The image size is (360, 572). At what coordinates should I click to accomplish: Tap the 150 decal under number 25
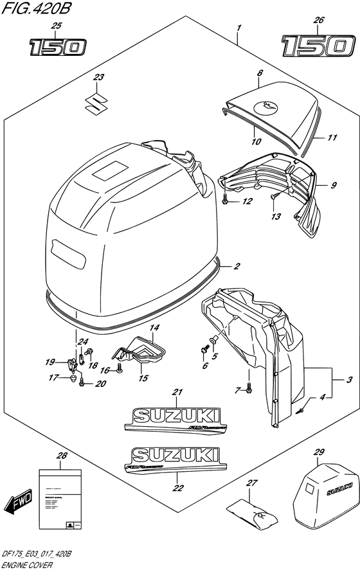[57, 47]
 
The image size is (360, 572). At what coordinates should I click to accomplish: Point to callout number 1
[239, 29]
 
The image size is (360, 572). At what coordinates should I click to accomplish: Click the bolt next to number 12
[225, 201]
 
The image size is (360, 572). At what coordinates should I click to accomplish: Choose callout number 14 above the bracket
[154, 328]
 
